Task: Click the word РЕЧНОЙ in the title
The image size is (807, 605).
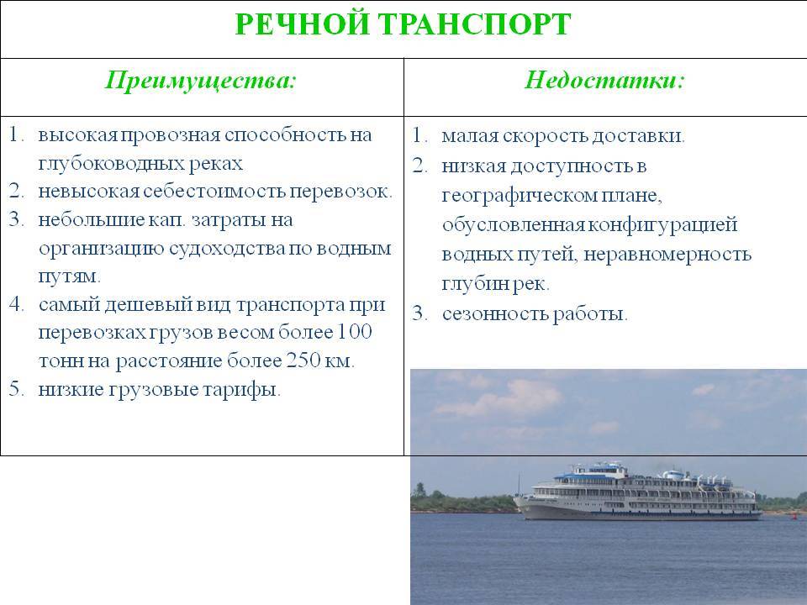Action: [302, 24]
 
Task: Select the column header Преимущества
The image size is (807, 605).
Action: [201, 81]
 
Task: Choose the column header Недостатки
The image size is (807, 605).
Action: [604, 81]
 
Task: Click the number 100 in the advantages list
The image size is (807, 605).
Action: [354, 332]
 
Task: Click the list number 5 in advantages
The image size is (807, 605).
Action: [16, 389]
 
